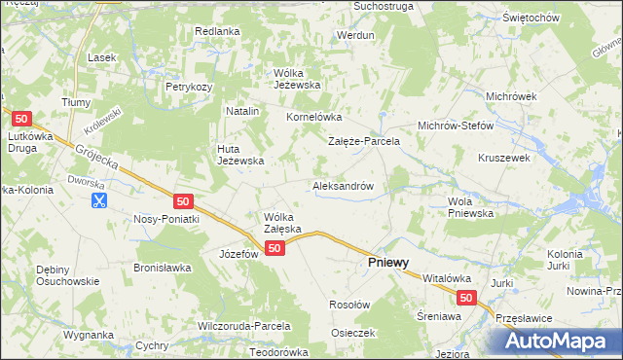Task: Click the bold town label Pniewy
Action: click(386, 263)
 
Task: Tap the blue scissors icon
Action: click(98, 200)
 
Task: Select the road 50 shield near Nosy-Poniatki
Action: click(183, 200)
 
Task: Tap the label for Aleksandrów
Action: click(343, 185)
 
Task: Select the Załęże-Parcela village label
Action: click(363, 141)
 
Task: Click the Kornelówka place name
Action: click(311, 118)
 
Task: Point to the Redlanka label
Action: click(216, 31)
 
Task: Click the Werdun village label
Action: click(354, 35)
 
